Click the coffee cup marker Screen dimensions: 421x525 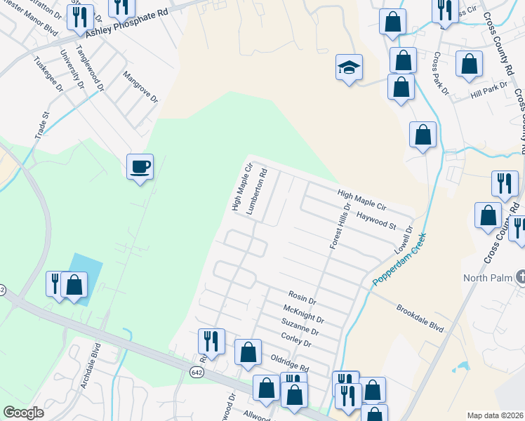click(x=140, y=167)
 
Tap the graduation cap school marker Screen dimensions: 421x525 click(x=349, y=68)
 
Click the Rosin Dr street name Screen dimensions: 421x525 click(x=303, y=298)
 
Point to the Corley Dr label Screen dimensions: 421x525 click(x=295, y=338)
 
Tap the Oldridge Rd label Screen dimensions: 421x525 click(x=289, y=362)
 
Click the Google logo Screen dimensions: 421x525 click(x=24, y=413)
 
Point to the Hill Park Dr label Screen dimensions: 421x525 click(x=489, y=90)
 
